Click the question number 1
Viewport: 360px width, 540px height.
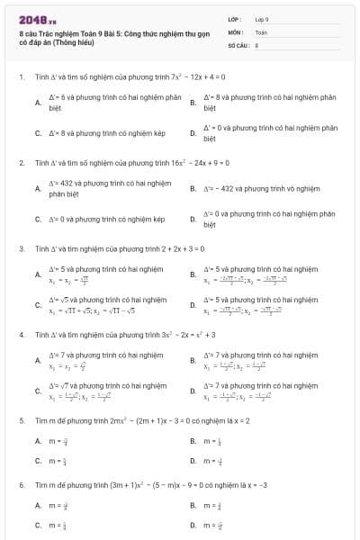[21, 76]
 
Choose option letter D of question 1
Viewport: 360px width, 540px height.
[193, 133]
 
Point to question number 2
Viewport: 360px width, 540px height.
[21, 163]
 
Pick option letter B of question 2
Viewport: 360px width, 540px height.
[193, 188]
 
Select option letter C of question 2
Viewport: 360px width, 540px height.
[38, 219]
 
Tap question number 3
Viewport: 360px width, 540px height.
[21, 247]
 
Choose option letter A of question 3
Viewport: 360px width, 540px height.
[38, 274]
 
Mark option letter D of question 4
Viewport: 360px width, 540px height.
[193, 391]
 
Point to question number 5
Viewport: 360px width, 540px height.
[21, 419]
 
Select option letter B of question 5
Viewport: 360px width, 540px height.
[193, 441]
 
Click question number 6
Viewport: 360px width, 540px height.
[21, 483]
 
